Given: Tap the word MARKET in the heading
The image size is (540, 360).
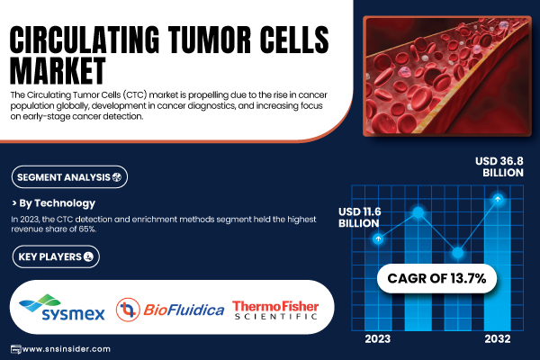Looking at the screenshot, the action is click(58, 70).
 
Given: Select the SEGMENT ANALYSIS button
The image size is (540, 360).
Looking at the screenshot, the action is click(69, 177).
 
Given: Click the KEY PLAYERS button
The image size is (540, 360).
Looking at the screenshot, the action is click(56, 256).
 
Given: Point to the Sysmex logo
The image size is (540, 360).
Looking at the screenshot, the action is click(62, 308).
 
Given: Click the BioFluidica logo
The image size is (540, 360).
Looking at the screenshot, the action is click(170, 310).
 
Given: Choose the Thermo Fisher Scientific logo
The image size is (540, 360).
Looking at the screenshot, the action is click(275, 310).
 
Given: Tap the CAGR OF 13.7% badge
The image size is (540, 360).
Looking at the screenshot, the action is click(436, 278).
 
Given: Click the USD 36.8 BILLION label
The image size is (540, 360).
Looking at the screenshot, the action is click(499, 166).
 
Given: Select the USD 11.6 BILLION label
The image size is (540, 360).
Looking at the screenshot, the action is click(359, 218).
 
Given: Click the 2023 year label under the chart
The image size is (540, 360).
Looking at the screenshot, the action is click(378, 339).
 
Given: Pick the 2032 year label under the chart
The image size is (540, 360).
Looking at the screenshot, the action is click(498, 339).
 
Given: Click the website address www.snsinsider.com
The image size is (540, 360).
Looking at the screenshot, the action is click(66, 349).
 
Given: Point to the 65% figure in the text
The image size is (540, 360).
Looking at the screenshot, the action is click(87, 229).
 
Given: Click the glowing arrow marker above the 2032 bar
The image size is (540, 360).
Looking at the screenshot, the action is click(498, 199).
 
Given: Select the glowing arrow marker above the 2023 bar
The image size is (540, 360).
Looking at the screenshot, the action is click(378, 238).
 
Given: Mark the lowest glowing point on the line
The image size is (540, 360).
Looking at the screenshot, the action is click(458, 253).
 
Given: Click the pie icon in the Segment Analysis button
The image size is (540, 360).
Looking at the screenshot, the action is click(117, 177).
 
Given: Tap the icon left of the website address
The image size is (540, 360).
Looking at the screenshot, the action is click(16, 349).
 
